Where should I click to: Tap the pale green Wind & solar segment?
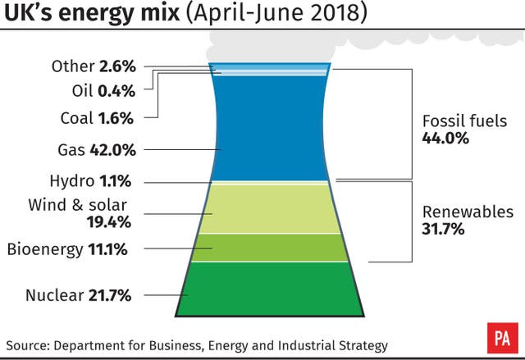[x=271, y=209]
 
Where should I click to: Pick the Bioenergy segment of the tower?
[x=271, y=248]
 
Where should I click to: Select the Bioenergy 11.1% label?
[x=67, y=249]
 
